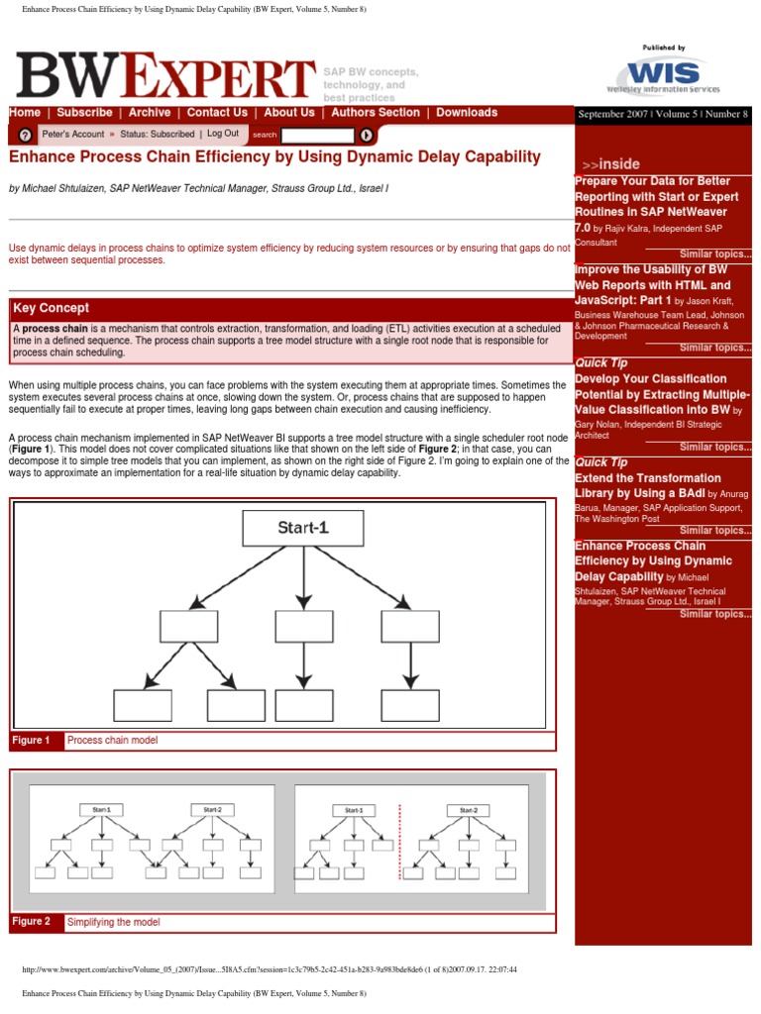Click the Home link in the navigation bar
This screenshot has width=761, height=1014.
point(25,113)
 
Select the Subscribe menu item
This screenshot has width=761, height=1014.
point(84,113)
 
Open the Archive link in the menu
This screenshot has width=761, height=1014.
point(150,113)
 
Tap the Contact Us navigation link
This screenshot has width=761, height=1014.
point(217,113)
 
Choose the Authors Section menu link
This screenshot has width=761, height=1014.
point(376,113)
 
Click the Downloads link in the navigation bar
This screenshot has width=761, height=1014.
point(467,113)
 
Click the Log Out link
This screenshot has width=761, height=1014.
point(223,134)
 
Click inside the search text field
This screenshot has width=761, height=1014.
point(317,135)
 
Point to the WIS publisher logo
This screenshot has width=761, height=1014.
point(663,75)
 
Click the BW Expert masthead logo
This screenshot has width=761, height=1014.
point(164,76)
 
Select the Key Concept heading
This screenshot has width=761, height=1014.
point(51,308)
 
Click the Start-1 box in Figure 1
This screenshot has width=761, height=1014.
point(302,528)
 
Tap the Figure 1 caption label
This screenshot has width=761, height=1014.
point(31,741)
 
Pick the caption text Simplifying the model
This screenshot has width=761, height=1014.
point(113,922)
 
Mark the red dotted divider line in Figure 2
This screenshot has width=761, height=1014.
point(399,841)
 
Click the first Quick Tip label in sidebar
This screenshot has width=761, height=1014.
point(601,363)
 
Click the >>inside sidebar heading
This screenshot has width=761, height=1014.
point(611,163)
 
